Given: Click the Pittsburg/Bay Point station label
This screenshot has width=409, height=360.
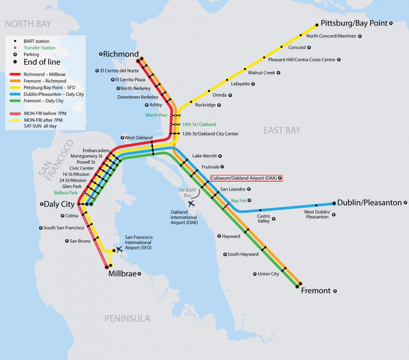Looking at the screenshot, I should pyautogui.click(x=354, y=23).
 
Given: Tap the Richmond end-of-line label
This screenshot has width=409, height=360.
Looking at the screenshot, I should pyautogui.click(x=121, y=54).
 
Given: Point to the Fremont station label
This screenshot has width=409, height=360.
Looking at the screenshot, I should pyautogui.click(x=316, y=291).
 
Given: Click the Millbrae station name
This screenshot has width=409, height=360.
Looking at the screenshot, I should pyautogui.click(x=122, y=274).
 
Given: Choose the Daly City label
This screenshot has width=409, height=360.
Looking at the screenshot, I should pyautogui.click(x=59, y=204).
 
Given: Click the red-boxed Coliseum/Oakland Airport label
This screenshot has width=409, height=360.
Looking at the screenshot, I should pyautogui.click(x=246, y=178).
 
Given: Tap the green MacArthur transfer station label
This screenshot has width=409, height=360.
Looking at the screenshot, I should pyautogui.click(x=157, y=115).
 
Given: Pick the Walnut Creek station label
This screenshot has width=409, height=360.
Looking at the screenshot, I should pyautogui.click(x=262, y=72).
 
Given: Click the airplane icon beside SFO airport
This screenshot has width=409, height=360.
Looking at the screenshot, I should pyautogui.click(x=120, y=249).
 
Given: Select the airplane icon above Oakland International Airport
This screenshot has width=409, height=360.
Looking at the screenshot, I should pyautogui.click(x=191, y=204).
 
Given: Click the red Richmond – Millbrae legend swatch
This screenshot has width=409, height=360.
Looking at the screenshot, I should pyautogui.click(x=15, y=74).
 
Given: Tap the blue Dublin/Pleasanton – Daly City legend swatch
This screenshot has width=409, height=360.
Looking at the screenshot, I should pyautogui.click(x=15, y=94).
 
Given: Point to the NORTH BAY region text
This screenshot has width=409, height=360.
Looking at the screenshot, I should pyautogui.click(x=28, y=24).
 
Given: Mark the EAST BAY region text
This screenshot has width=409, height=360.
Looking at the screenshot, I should pyautogui.click(x=282, y=131).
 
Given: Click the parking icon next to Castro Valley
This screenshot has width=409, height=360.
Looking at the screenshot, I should pyautogui.click(x=273, y=219).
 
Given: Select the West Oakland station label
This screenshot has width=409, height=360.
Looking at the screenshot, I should pyautogui.click(x=138, y=137).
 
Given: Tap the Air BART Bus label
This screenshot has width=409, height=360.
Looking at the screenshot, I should pyautogui.click(x=188, y=193).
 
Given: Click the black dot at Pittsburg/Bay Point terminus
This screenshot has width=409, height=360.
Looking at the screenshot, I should pyautogui.click(x=317, y=25).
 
